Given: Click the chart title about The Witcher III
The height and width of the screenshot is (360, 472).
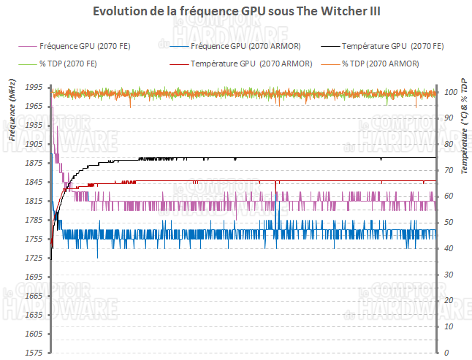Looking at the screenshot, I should click(237, 12).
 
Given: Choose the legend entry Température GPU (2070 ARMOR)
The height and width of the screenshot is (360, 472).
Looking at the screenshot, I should click(251, 64).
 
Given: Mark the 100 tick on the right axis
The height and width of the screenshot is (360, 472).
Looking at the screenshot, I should click(451, 92).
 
